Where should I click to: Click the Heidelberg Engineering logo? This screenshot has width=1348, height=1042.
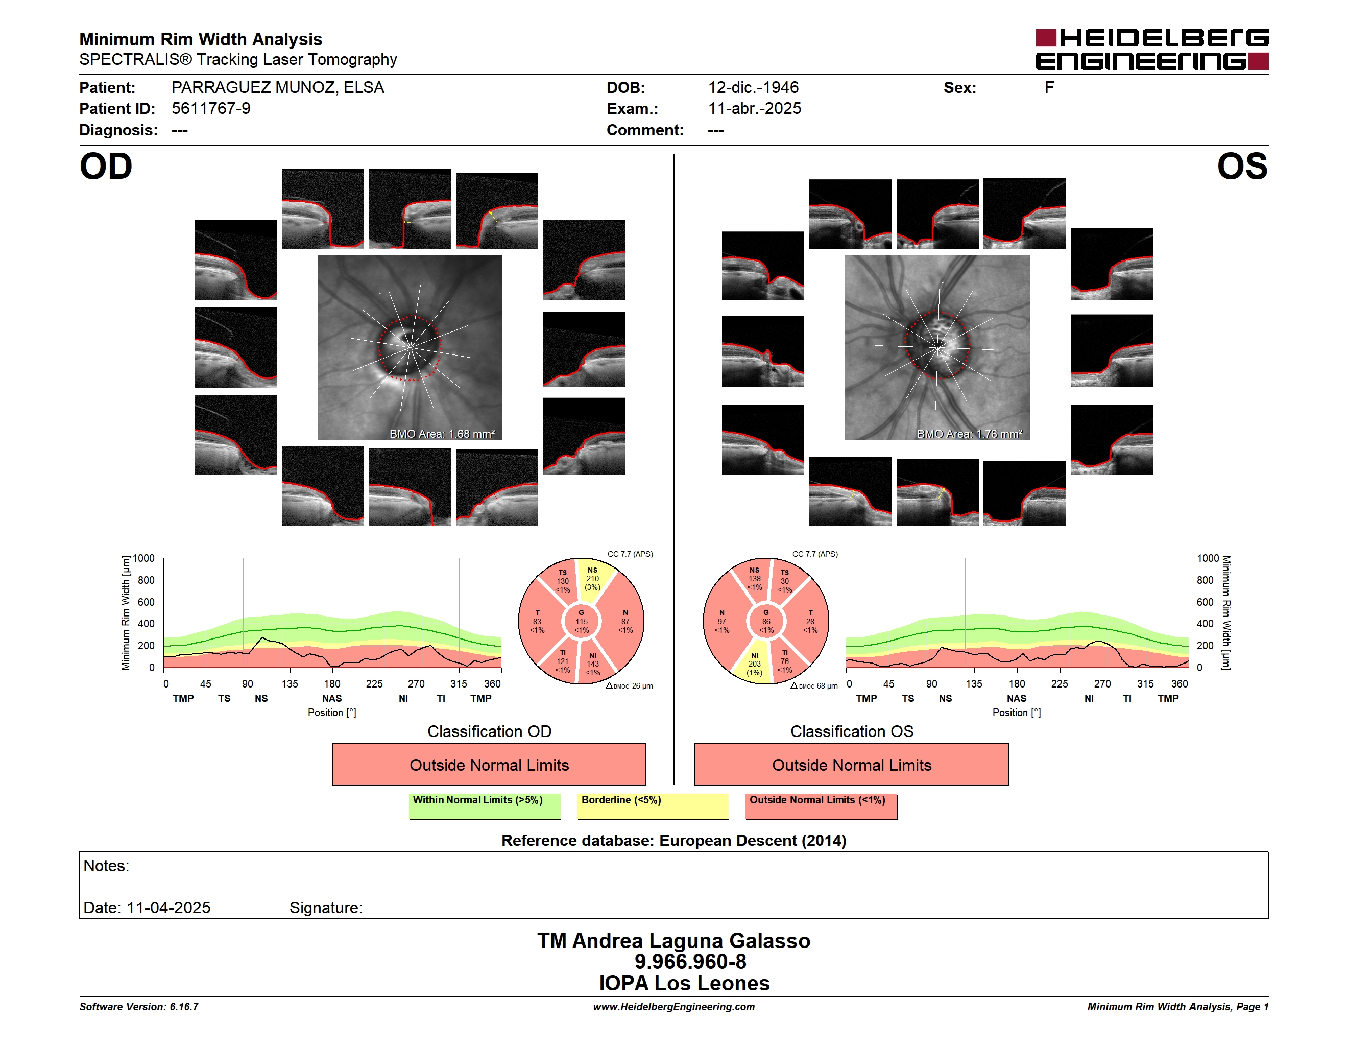(x=1152, y=50)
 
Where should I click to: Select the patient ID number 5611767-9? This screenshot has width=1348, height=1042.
(x=211, y=109)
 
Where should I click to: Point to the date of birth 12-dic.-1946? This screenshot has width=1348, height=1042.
(x=753, y=88)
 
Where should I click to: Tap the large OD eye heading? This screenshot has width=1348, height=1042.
(x=106, y=167)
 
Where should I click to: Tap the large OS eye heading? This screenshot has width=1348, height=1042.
(x=1242, y=167)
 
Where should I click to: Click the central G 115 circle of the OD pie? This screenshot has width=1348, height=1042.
(x=582, y=622)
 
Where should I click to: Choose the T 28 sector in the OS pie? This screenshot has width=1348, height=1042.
(x=809, y=622)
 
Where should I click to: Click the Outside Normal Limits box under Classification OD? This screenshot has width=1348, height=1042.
(x=489, y=764)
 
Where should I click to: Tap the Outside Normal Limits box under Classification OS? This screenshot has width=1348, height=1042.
(x=851, y=764)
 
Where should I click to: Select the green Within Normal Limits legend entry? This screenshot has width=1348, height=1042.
(x=485, y=806)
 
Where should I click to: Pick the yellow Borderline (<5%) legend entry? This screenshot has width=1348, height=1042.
(x=653, y=806)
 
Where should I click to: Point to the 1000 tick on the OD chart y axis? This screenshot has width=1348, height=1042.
(x=144, y=558)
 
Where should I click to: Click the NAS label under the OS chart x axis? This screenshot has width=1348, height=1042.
(x=1017, y=698)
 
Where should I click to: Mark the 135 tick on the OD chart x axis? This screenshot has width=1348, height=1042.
(x=290, y=683)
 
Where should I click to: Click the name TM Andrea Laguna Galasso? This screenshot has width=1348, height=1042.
(x=673, y=940)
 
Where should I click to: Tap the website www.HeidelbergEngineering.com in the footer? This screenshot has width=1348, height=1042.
(x=673, y=1007)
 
